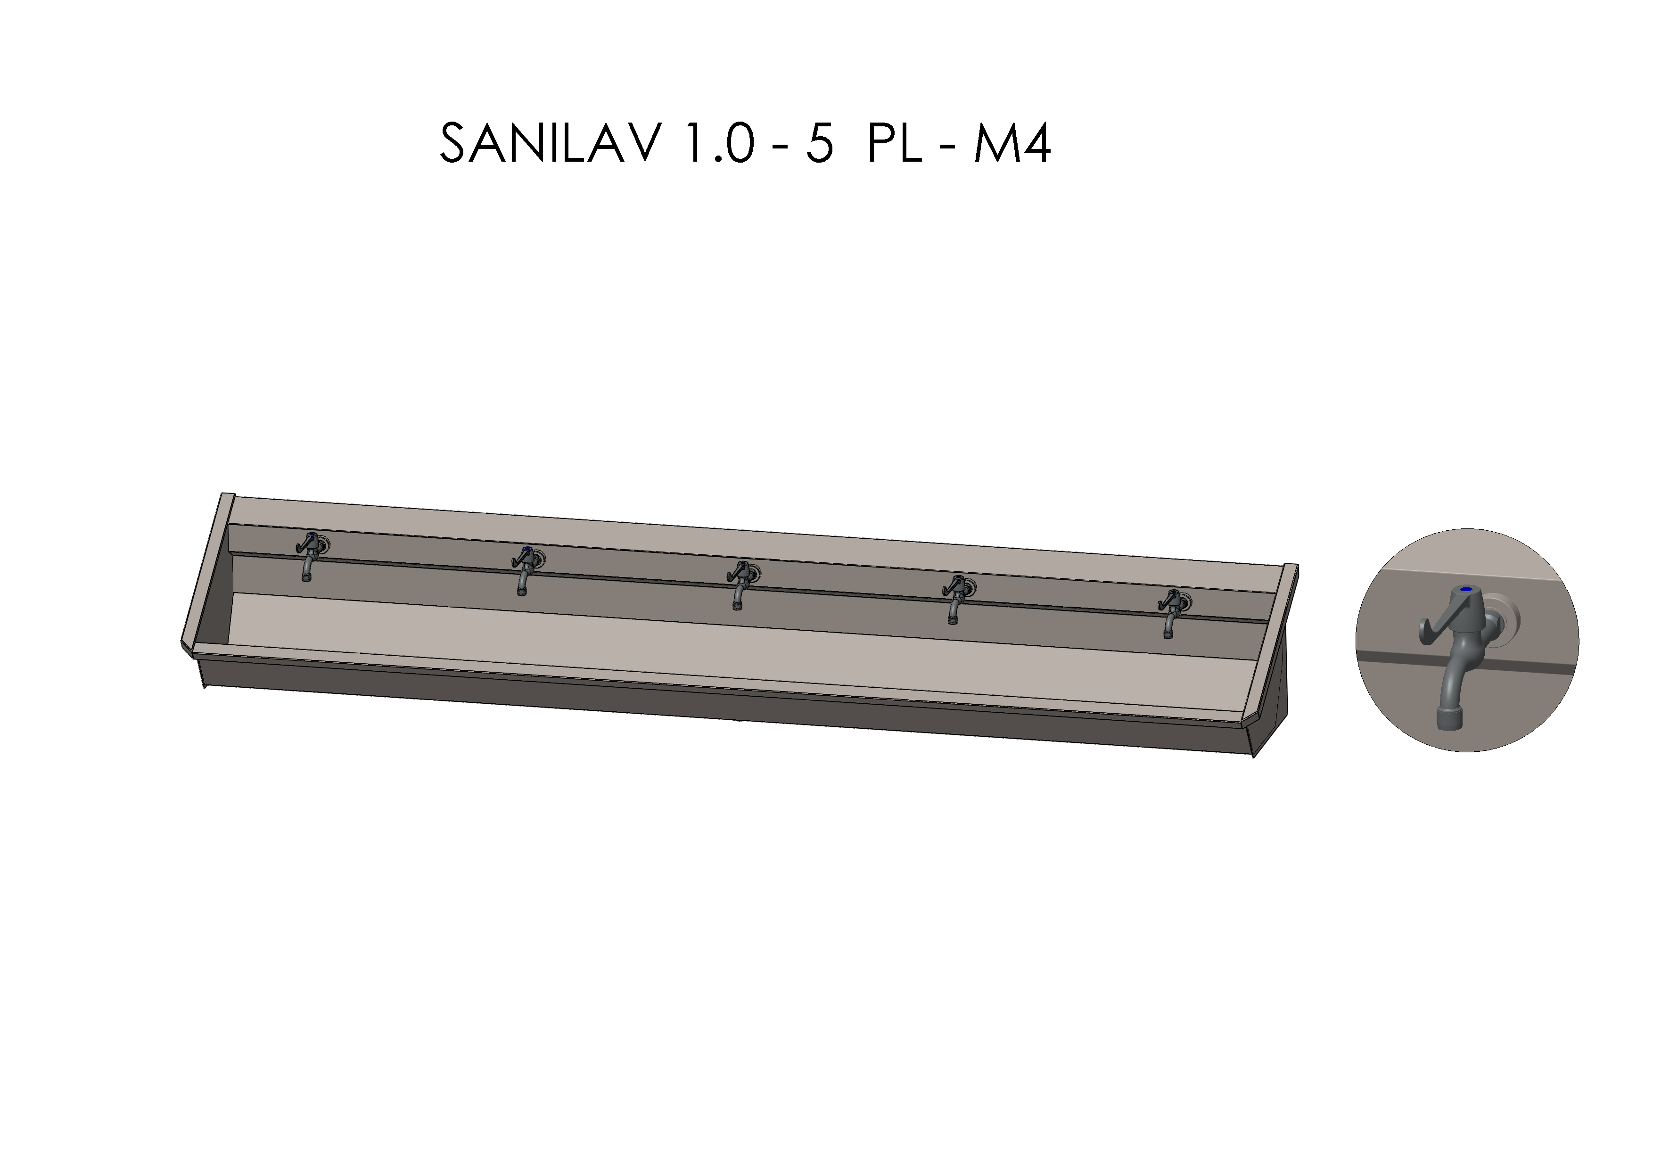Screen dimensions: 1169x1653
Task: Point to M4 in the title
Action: pyautogui.click(x=1012, y=143)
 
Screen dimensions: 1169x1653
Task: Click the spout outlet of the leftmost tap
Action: pyautogui.click(x=307, y=576)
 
